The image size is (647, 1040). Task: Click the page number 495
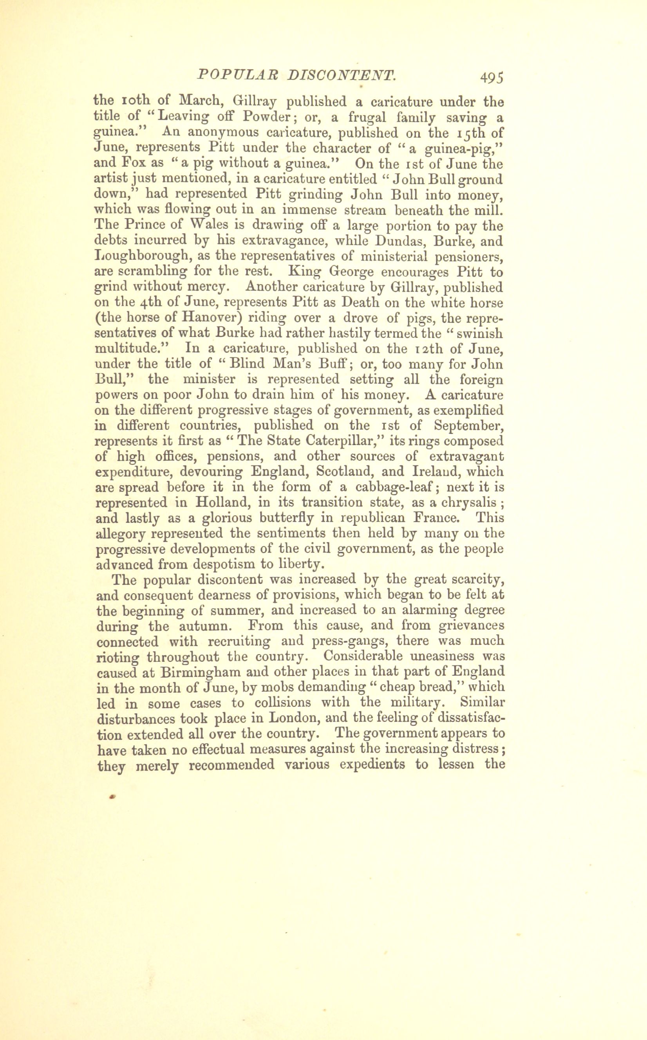pos(492,77)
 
